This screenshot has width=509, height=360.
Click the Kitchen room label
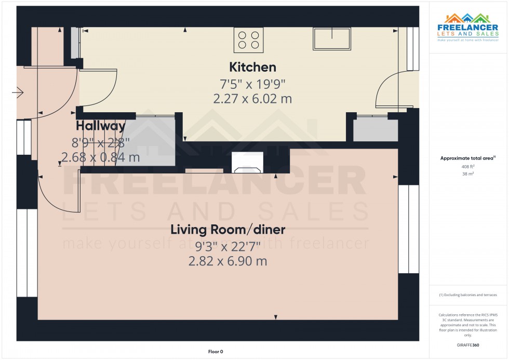point(252,67)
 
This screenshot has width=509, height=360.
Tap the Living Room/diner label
point(229,229)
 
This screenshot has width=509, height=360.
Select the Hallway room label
point(100,126)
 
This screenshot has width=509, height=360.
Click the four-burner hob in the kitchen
point(248,40)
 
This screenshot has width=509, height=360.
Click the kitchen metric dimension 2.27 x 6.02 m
point(252,99)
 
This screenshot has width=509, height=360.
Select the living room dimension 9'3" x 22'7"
point(229,245)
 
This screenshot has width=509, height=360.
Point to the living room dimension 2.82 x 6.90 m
point(228,261)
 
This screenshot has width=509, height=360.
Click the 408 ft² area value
point(468,167)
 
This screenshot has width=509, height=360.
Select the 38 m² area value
point(468,175)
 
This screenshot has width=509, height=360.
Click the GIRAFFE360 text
point(468,344)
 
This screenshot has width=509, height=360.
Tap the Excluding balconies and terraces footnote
point(468,295)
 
